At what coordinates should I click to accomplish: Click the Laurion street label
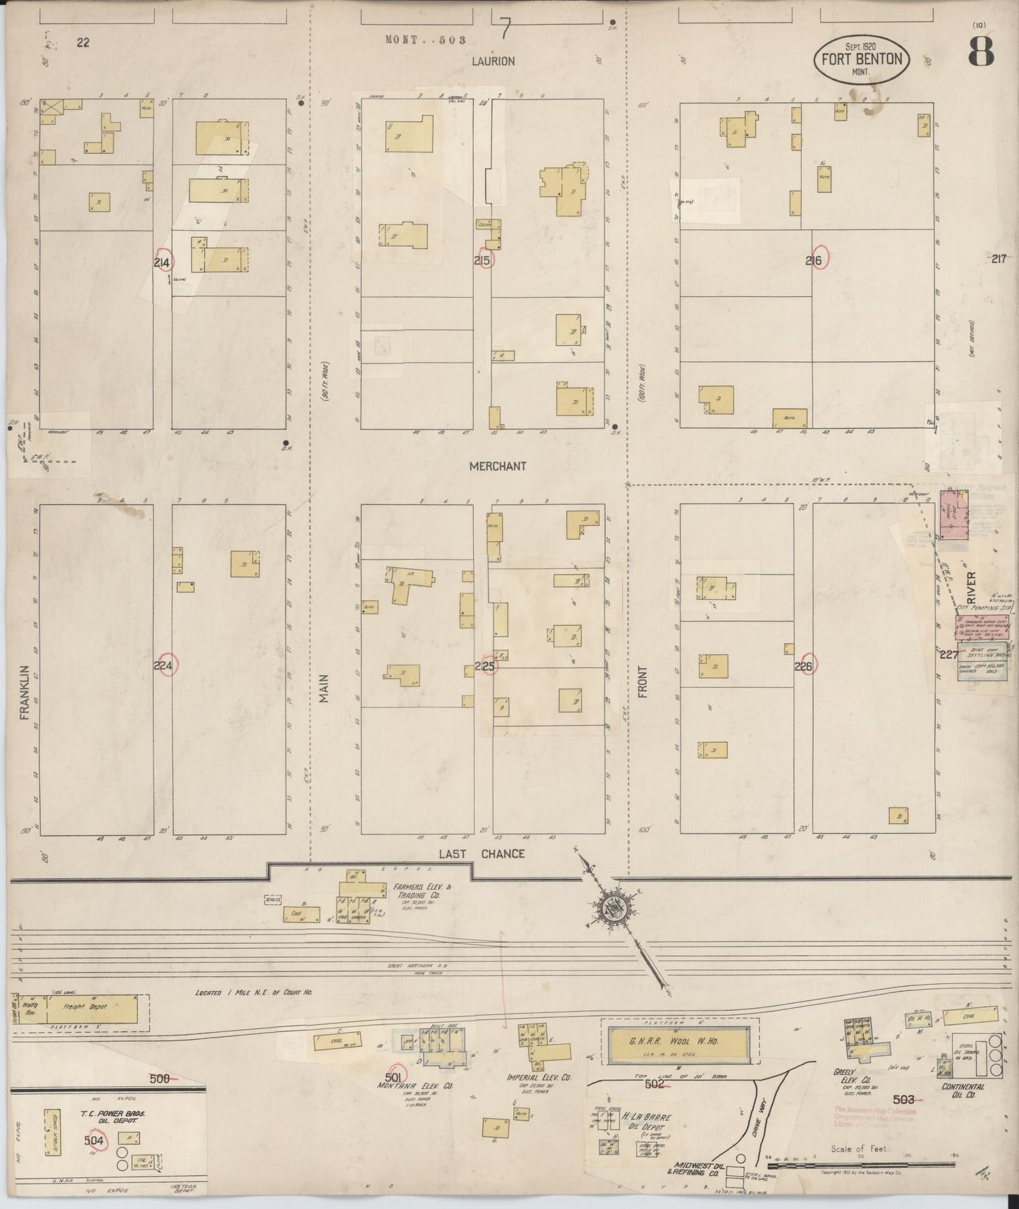point(493,61)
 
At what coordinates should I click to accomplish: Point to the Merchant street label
point(498,466)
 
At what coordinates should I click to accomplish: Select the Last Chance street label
point(482,854)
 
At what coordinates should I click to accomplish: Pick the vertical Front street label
point(642,682)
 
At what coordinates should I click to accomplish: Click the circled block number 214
point(163,262)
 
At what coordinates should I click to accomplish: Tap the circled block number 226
point(804,666)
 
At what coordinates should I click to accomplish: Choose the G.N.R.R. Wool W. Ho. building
point(676,1042)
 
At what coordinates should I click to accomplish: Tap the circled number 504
point(94,1140)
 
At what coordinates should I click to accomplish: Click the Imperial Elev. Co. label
point(539,1079)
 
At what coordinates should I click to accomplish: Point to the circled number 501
point(393,1076)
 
